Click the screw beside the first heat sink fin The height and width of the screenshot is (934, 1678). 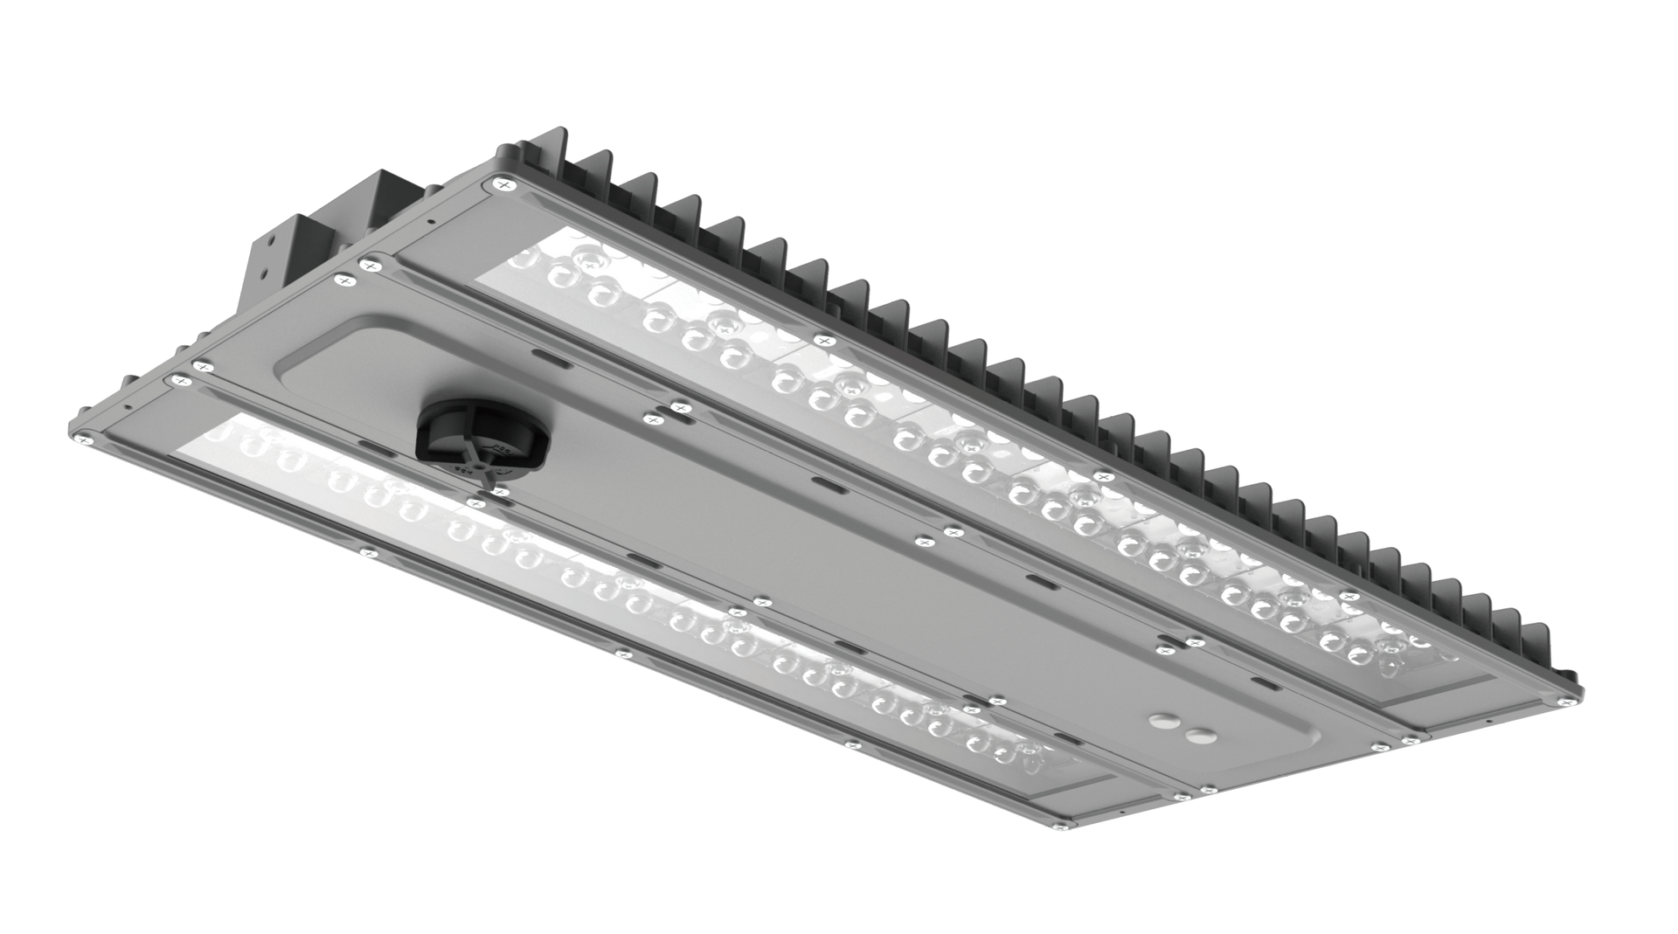[505, 184]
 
